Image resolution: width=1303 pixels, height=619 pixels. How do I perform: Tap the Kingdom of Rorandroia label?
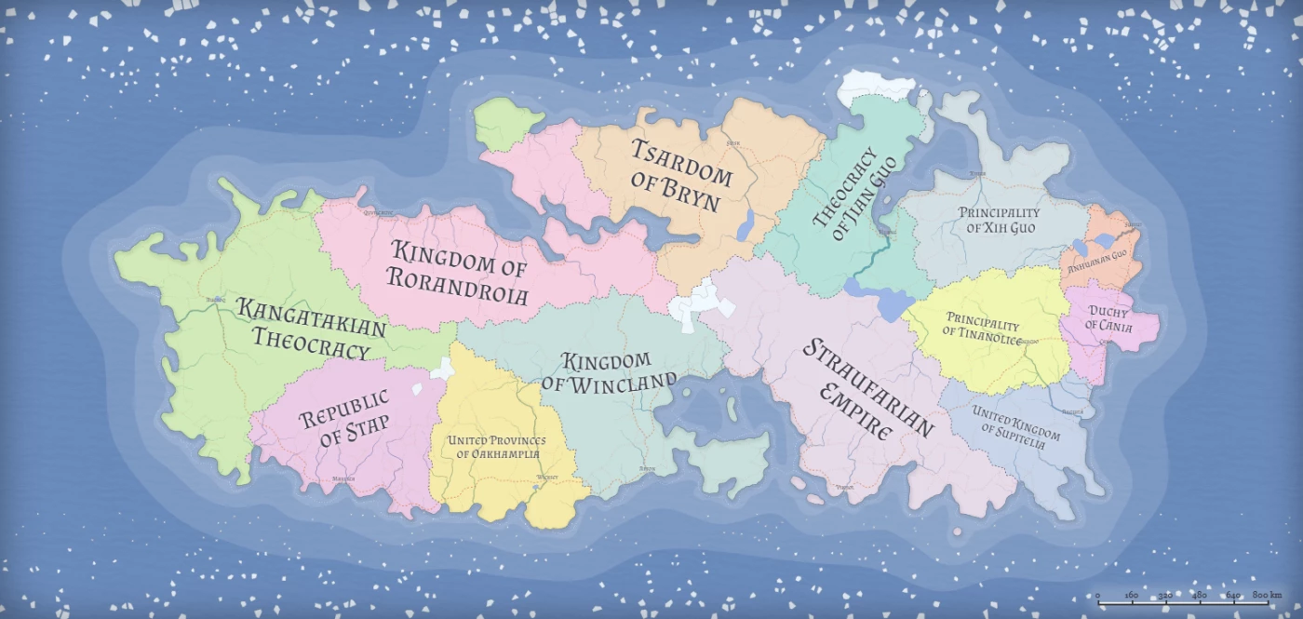click(459, 273)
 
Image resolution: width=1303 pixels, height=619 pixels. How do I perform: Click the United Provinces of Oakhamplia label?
click(496, 447)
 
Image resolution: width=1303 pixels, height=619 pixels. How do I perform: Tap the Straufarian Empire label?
click(866, 389)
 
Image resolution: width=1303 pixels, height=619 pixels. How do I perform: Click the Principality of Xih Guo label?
click(999, 221)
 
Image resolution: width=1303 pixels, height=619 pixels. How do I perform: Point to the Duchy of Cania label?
click(1108, 319)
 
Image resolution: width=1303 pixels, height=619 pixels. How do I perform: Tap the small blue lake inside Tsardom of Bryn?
click(746, 226)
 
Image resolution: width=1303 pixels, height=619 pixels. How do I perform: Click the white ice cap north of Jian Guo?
click(875, 87)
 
